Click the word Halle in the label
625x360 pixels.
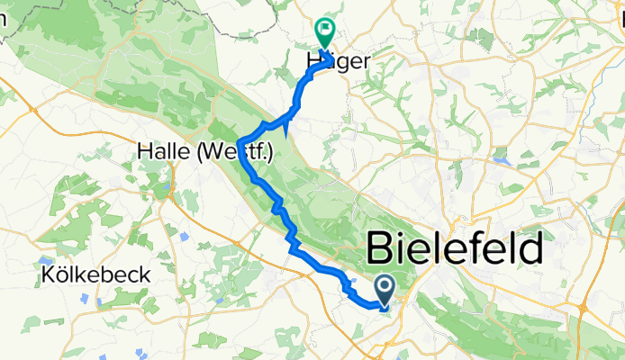[x=166, y=152]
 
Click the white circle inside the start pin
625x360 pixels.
[x=384, y=287]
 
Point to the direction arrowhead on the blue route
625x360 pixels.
[x=286, y=129]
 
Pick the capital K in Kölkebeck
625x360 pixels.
[x=47, y=274]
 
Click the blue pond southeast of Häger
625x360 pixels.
[x=503, y=163]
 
